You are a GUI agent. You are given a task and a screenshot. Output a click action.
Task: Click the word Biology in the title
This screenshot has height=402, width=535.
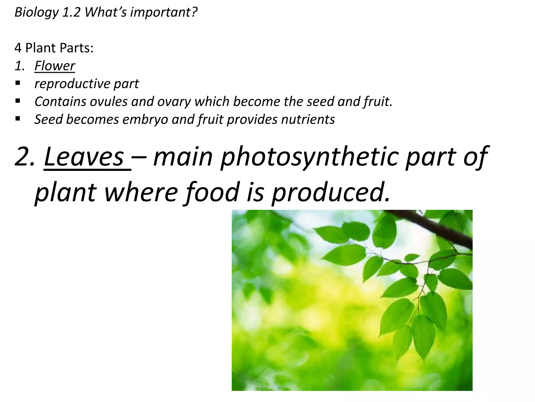[37, 13]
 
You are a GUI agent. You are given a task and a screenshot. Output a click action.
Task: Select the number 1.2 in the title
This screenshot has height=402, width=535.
[71, 13]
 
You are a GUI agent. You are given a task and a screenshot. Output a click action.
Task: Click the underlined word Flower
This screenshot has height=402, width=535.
[55, 66]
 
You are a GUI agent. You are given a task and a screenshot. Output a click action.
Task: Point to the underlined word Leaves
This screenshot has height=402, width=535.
[84, 157]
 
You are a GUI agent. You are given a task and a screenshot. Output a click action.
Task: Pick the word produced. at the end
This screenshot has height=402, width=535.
[330, 192]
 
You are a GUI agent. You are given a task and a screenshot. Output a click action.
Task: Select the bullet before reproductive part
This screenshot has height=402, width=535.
[18, 83]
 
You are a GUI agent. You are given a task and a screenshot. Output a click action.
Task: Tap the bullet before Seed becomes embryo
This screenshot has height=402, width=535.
[18, 119]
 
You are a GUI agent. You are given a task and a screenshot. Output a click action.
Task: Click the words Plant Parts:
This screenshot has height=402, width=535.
[59, 48]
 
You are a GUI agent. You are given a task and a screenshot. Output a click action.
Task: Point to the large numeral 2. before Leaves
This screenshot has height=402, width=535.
[25, 157]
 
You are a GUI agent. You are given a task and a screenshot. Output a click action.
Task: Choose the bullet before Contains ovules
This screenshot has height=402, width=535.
[18, 101]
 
